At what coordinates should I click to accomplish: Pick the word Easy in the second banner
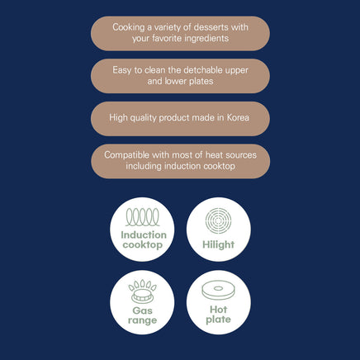pos(121,70)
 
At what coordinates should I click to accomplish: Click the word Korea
pos(238,117)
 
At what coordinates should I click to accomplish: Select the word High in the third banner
pos(118,118)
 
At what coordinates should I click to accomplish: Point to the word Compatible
pos(126,155)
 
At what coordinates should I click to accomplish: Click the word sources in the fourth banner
pos(241,155)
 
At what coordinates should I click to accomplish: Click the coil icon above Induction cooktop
pos(143,217)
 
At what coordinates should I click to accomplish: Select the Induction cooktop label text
pos(143,239)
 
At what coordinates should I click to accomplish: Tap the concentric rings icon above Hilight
pos(218,220)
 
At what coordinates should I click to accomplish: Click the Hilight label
pos(219,244)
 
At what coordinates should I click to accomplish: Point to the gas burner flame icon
pos(142,291)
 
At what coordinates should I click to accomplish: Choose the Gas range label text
pos(142,315)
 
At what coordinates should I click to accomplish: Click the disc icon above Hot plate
pos(219,290)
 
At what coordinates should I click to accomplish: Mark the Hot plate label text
pos(219,315)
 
